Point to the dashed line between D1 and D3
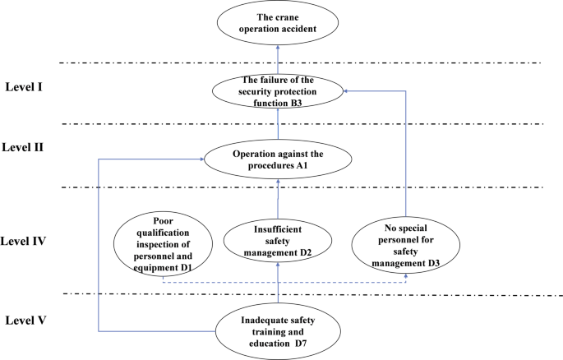pyautogui.click(x=288, y=284)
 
